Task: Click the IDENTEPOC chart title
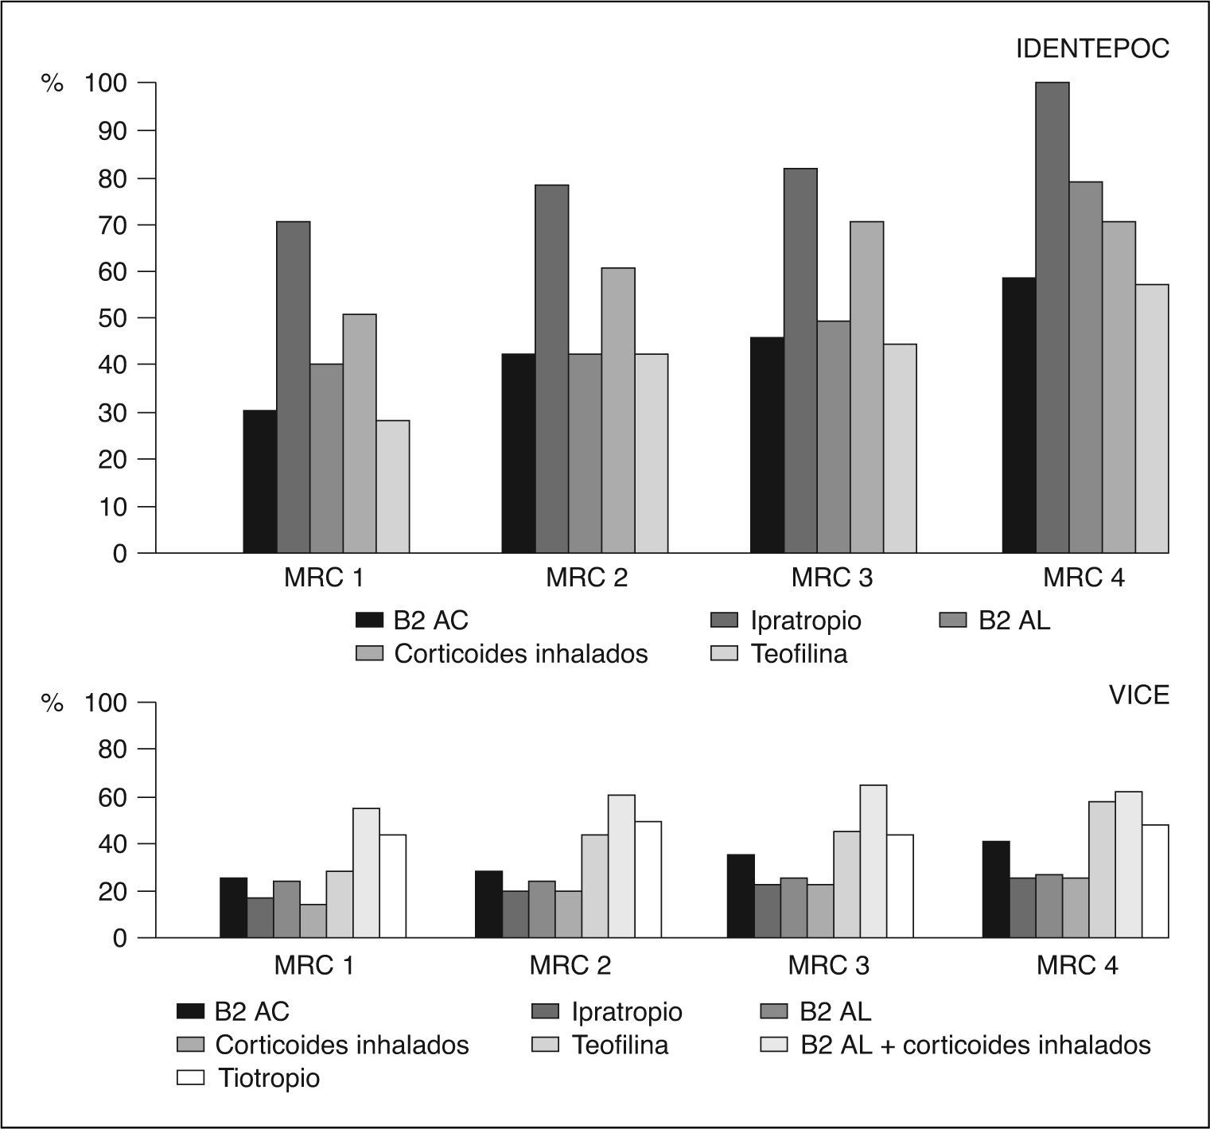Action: point(1092,49)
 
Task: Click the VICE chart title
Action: point(1138,695)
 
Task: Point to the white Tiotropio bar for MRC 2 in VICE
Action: point(648,879)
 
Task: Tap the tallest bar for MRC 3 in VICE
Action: point(873,861)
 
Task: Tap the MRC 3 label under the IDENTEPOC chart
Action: point(831,578)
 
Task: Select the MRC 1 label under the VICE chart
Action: point(314,965)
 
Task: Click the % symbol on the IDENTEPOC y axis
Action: point(52,84)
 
